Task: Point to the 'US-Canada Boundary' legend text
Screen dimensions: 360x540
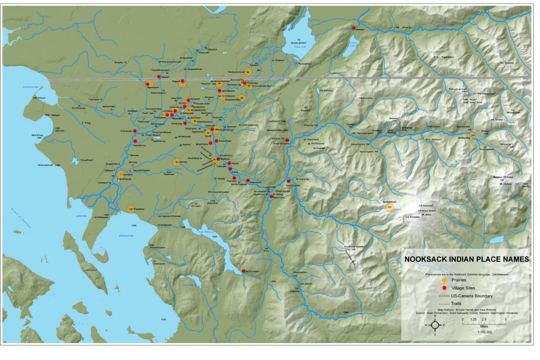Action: pyautogui.click(x=474, y=296)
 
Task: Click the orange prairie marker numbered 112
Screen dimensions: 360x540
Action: pyautogui.click(x=390, y=207)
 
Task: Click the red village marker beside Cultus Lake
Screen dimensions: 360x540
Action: pyautogui.click(x=354, y=28)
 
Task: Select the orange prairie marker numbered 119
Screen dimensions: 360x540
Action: pyautogui.click(x=472, y=135)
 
